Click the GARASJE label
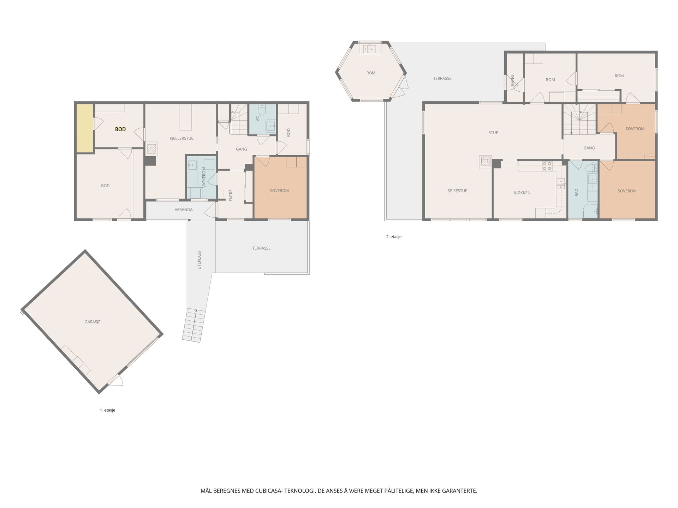point(93,322)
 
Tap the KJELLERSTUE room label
point(182,138)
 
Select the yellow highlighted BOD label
point(120,129)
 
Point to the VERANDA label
point(184,210)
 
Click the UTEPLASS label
point(199,260)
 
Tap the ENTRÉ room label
point(231,195)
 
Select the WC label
point(257,119)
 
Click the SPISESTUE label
point(457,191)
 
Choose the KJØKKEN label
point(522,193)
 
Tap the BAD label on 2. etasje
point(577,193)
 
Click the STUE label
point(493,133)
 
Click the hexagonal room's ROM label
point(371,73)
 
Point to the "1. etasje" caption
point(107,410)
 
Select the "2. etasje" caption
point(394,237)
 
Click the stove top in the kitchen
point(547,166)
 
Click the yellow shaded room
point(85,128)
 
